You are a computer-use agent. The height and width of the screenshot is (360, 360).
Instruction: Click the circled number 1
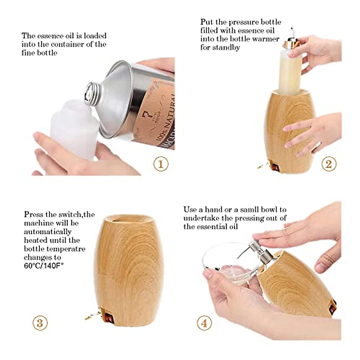tap(161, 164)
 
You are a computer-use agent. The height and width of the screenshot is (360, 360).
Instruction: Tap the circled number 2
tap(329, 164)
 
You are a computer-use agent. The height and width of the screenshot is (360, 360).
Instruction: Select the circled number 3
tap(40, 323)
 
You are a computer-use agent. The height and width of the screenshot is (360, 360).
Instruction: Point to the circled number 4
tap(204, 323)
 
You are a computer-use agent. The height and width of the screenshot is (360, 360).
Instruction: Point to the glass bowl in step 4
tap(231, 264)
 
